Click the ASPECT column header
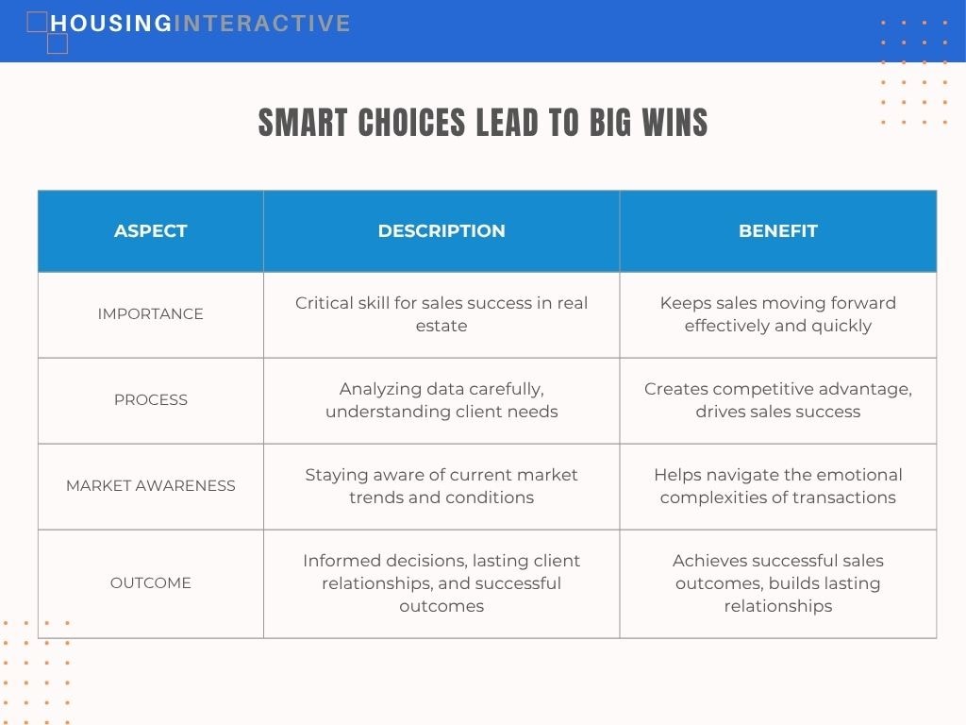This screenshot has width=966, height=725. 150,230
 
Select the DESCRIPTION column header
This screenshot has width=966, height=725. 441,230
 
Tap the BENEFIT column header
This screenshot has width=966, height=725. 778,230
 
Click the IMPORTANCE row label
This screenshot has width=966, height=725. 150,313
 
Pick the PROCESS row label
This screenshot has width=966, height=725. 150,399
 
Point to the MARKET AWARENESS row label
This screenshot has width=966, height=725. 150,486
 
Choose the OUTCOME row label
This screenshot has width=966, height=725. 150,582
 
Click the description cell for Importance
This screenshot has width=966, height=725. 441,313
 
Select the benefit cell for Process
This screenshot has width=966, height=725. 778,400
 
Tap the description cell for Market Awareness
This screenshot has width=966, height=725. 441,486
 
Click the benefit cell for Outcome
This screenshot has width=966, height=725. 778,582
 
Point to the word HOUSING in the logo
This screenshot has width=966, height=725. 111,24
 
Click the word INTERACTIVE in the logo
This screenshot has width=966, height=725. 262,24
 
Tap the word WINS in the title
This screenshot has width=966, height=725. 675,122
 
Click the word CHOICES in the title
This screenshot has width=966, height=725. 411,122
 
